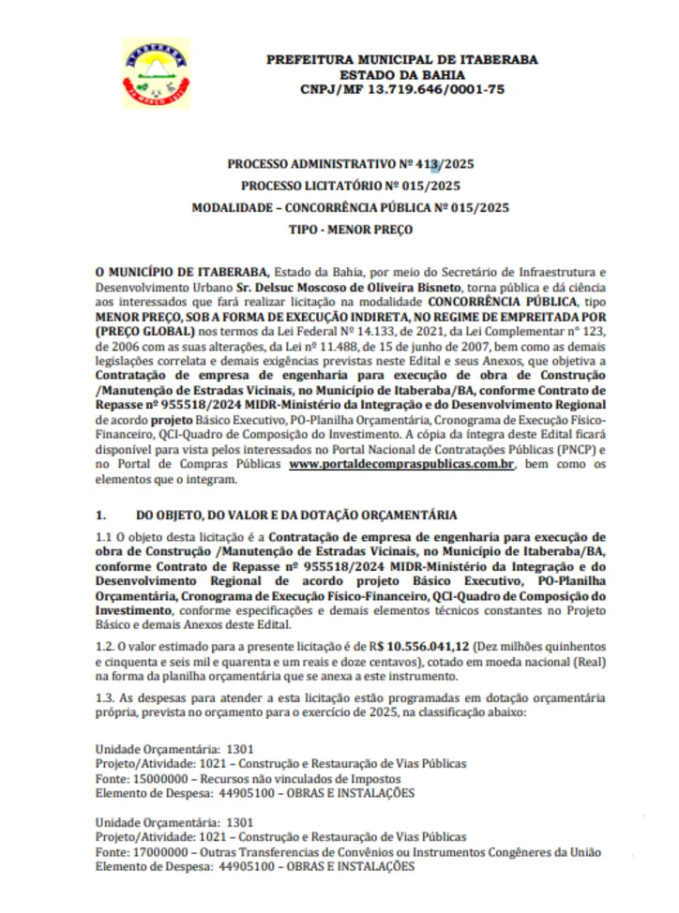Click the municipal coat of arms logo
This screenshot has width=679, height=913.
pos(156,72)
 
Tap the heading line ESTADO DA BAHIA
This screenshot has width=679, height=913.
pos(402,74)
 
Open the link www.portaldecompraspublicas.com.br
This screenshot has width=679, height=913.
pos(403,464)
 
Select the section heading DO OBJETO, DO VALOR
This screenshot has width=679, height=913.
pos(296,516)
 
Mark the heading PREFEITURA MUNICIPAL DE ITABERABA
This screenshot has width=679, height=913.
pos(402,59)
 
